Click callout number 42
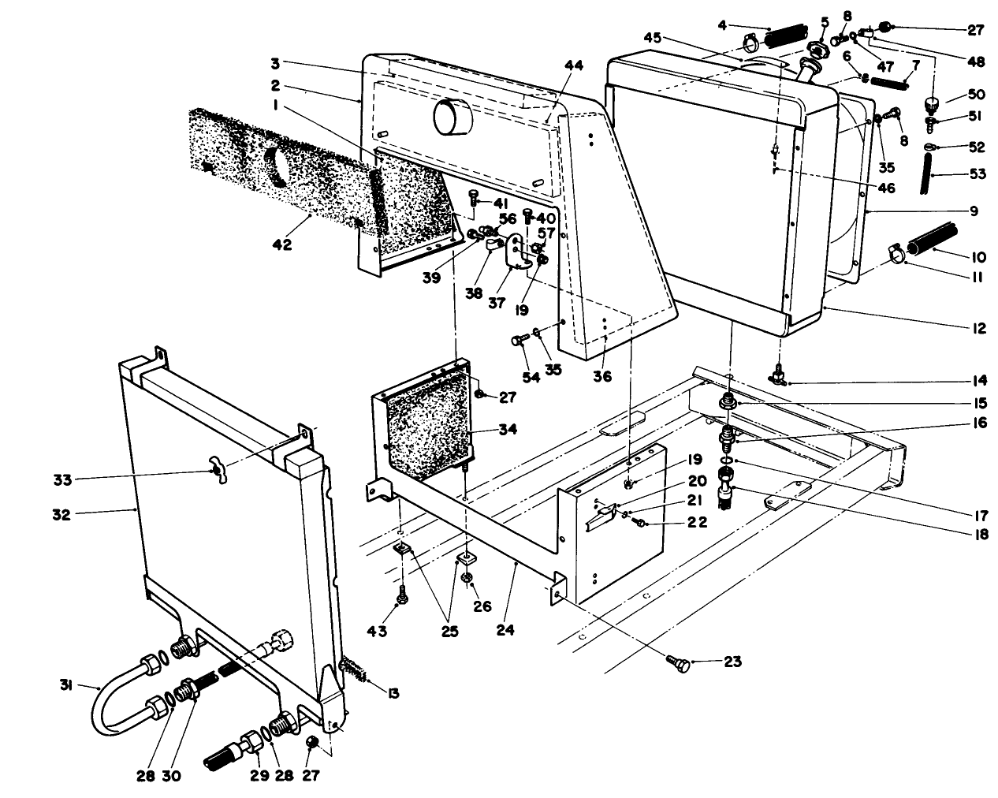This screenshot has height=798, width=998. [281, 245]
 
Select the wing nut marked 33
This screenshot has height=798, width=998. [214, 471]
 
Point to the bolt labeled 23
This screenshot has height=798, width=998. [678, 665]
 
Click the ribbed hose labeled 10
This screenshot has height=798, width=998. [933, 240]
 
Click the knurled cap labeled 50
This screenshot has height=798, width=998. [933, 103]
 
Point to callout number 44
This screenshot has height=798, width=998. [572, 66]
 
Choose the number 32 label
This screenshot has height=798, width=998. [61, 515]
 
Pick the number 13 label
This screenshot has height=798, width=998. [393, 693]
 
